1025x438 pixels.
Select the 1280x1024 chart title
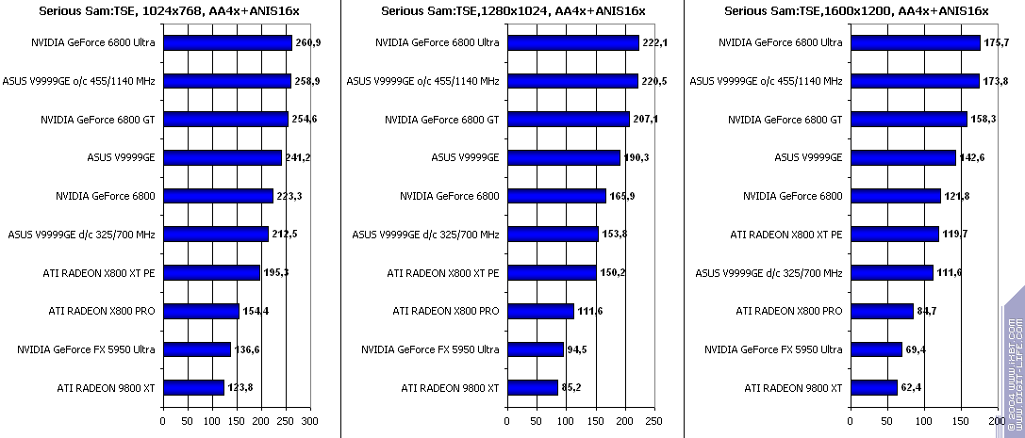click(x=513, y=10)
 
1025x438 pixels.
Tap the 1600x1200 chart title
click(x=855, y=10)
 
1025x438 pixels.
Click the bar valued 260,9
click(x=227, y=42)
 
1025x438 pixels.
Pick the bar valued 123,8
click(x=193, y=387)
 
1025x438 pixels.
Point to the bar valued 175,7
click(x=916, y=42)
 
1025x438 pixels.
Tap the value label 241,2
click(x=297, y=157)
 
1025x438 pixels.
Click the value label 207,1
click(x=645, y=120)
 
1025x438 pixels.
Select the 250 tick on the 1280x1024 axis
click(x=653, y=421)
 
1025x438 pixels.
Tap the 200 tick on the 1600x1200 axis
click(x=998, y=421)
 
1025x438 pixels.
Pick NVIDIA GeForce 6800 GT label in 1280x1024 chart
click(x=441, y=120)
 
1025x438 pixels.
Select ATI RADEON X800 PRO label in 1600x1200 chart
click(x=792, y=311)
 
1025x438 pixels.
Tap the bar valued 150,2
click(x=552, y=272)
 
